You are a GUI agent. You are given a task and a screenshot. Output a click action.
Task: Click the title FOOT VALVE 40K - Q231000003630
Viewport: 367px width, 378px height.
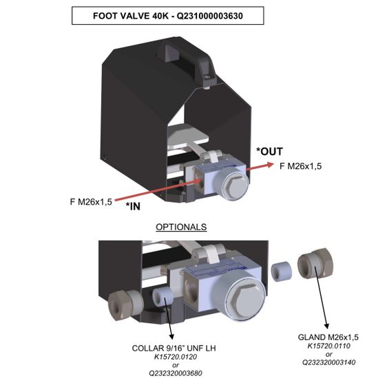point(168,16)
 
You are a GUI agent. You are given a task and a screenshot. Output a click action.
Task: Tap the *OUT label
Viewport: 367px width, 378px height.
point(269,151)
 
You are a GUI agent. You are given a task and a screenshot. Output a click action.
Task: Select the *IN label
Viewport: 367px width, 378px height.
point(133,206)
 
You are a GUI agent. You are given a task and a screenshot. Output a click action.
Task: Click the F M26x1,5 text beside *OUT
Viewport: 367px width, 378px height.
point(301,166)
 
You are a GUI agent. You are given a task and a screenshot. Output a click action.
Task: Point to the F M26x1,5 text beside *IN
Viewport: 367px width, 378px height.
point(91,201)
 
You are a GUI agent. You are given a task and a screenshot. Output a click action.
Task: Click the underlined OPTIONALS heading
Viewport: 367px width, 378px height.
point(181,227)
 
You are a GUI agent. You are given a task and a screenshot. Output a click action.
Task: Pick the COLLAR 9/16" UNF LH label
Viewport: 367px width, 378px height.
point(174,348)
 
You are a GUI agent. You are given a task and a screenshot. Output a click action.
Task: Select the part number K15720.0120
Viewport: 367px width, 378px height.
point(176,357)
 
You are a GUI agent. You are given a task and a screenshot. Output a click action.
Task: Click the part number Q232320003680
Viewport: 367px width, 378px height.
point(176,373)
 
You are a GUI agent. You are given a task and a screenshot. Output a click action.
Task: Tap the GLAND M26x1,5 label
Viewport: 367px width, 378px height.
point(328,337)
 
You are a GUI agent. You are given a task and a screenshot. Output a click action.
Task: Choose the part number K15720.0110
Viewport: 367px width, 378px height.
point(328,346)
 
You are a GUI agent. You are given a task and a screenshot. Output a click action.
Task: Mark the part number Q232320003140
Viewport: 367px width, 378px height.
point(329,362)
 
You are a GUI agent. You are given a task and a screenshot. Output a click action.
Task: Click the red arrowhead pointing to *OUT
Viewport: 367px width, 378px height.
point(270,165)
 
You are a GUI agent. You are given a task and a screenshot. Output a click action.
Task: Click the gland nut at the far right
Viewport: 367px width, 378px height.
point(315,263)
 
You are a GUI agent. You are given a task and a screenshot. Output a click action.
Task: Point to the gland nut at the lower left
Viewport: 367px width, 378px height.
point(124,304)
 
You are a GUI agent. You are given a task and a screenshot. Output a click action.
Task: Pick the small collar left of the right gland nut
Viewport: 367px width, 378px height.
point(282,271)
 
